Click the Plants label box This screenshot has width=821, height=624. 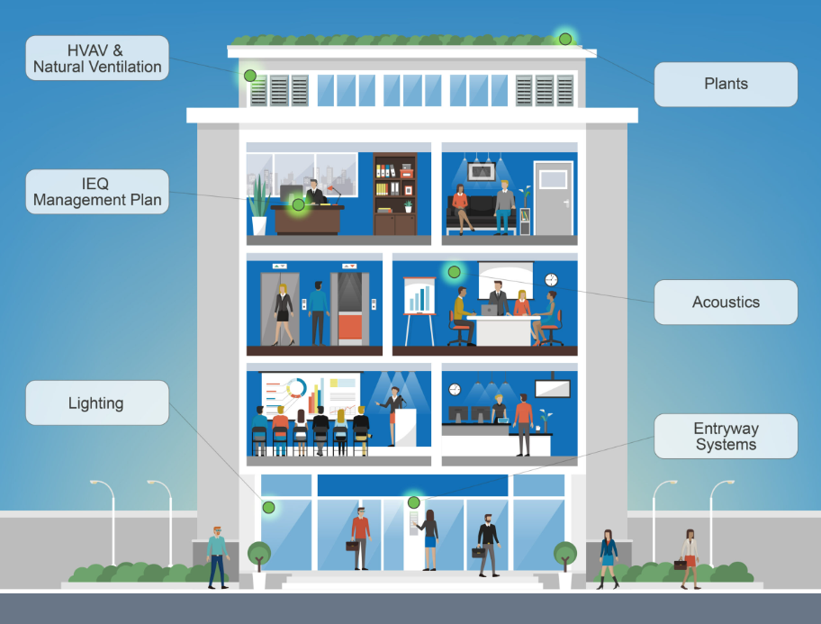(x=725, y=84)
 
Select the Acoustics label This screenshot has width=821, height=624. (x=725, y=303)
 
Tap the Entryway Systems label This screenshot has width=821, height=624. (x=725, y=437)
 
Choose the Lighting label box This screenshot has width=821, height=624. (x=96, y=402)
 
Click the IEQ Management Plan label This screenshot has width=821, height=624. (x=96, y=191)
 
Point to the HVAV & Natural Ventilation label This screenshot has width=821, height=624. (x=96, y=58)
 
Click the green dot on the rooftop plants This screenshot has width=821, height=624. (x=565, y=39)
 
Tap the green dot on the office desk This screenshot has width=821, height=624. (x=298, y=204)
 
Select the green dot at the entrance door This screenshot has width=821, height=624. (x=414, y=502)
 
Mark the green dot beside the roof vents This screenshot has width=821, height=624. (x=250, y=76)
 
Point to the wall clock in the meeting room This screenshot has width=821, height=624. (x=551, y=279)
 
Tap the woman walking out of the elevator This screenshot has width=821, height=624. (x=284, y=312)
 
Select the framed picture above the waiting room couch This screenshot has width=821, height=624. (x=483, y=171)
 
